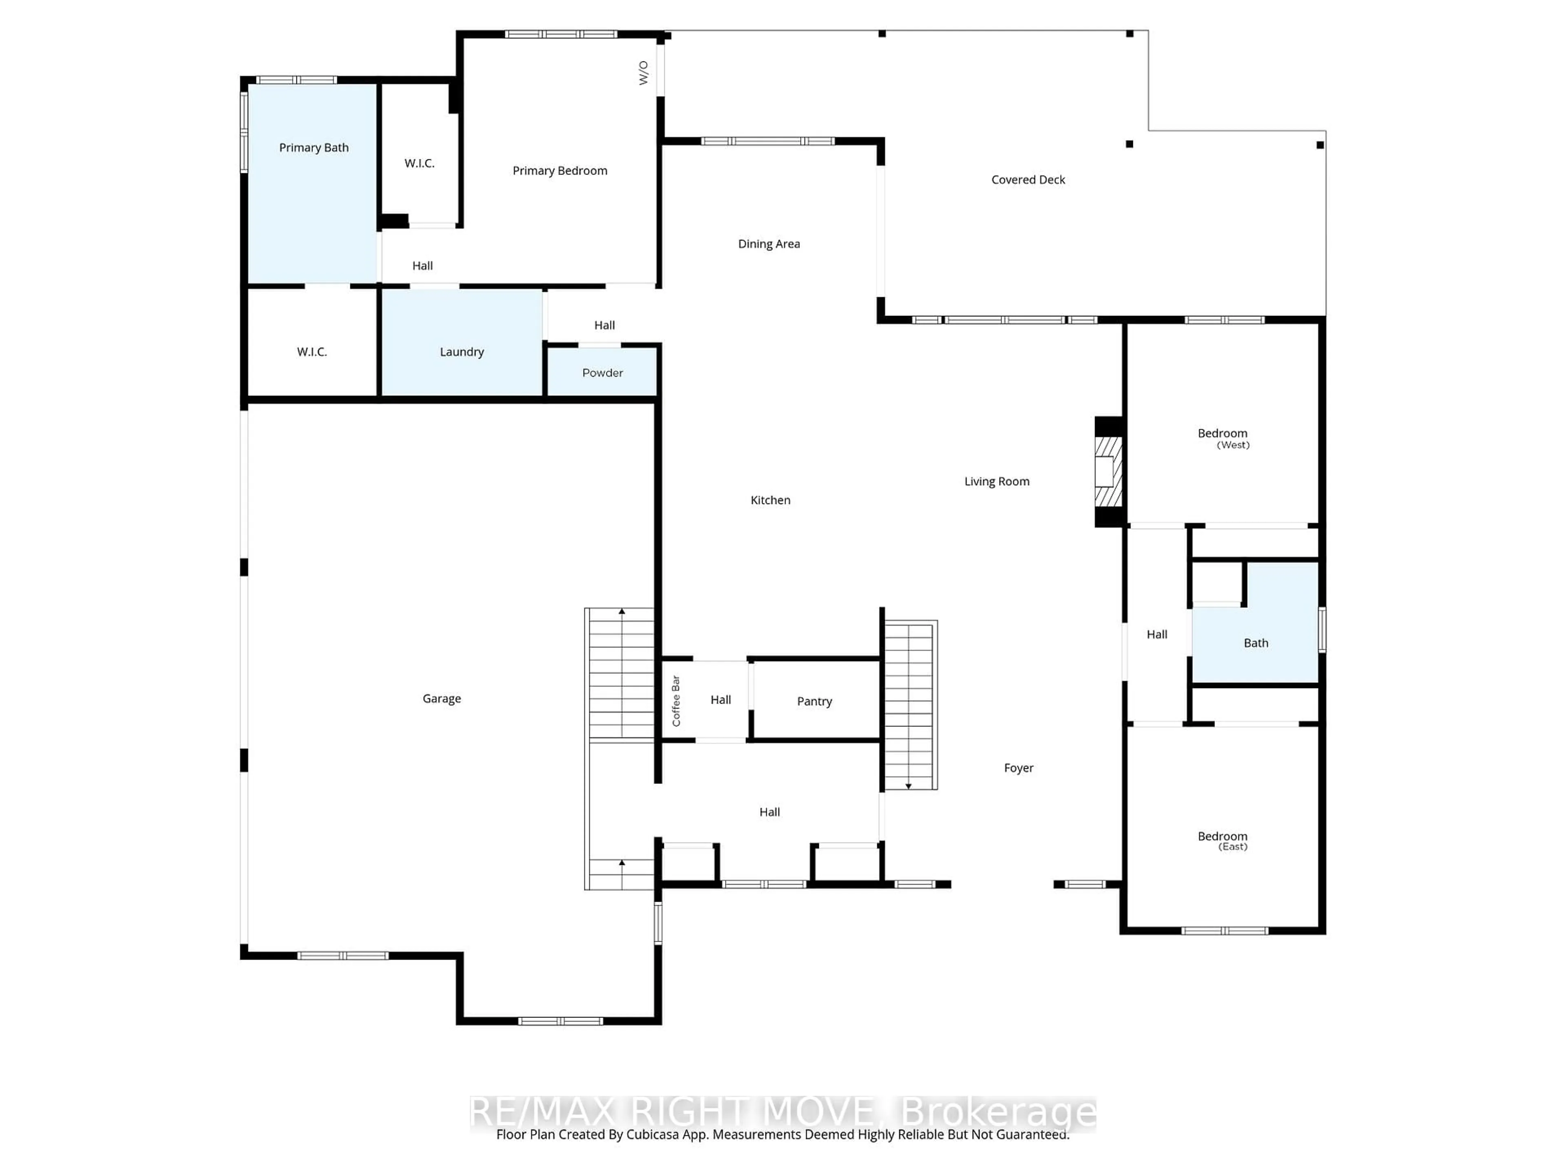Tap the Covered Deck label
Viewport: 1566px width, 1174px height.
tap(1028, 180)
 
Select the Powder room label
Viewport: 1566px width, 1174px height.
tap(602, 373)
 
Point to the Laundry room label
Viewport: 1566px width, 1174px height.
tap(462, 352)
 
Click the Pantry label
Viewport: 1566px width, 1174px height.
tap(814, 701)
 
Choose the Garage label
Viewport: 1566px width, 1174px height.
tap(442, 698)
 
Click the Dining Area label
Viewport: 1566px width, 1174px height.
tap(769, 244)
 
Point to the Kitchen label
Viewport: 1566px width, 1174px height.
tap(770, 500)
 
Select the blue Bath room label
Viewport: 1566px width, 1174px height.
tap(1256, 643)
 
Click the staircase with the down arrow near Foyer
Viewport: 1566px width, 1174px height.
tap(910, 704)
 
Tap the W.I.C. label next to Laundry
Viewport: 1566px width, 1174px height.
tap(312, 352)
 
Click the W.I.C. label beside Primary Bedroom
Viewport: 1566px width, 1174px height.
tap(419, 163)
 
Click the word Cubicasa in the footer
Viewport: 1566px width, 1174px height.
tap(652, 1134)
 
